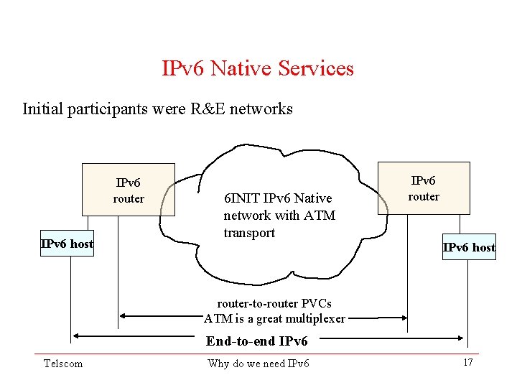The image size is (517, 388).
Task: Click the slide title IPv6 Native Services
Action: click(258, 69)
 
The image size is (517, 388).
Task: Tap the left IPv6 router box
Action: click(129, 190)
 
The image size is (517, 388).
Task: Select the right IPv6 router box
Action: click(424, 188)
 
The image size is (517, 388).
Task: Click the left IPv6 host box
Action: click(67, 244)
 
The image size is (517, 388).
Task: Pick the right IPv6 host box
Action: click(469, 247)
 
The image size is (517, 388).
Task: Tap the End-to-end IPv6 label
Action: click(256, 341)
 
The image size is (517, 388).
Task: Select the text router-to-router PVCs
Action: click(274, 304)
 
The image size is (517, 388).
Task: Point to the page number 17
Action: click(467, 362)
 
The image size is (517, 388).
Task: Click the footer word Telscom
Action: click(63, 364)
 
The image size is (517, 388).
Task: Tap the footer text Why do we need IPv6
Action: click(258, 364)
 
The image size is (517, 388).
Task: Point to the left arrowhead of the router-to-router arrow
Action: click(124, 315)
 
